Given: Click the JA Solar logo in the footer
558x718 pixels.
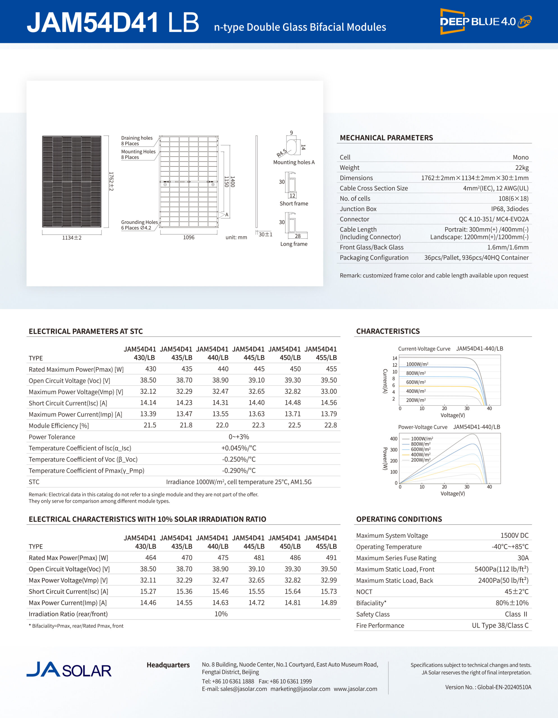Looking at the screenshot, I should coord(69,670).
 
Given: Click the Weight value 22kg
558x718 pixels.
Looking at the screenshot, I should coord(522,168).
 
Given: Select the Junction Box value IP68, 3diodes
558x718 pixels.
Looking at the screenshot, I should coord(509,209).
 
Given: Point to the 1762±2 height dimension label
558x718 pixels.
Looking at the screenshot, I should coord(111,181).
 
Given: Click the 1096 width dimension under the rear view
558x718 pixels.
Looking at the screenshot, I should coord(189,237).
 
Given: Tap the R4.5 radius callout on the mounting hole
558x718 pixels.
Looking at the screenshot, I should coord(281,153).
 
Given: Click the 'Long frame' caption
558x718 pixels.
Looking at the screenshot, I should coord(294,244).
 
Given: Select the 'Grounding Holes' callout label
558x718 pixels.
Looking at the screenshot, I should coord(139,222).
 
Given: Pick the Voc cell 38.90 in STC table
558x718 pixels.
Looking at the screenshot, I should coord(220,380).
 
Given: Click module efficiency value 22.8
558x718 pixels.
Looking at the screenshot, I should coord(330,425).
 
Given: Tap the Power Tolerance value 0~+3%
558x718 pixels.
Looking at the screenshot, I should coord(239,437).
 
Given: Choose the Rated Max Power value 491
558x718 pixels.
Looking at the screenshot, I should coord(331,558).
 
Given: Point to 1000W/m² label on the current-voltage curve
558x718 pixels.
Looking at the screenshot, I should coord(417,364).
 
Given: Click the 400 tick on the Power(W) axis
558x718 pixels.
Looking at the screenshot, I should coord(394,439).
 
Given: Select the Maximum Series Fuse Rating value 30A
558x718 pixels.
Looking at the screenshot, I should coord(523,558).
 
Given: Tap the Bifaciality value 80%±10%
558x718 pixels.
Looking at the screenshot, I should coord(512,603).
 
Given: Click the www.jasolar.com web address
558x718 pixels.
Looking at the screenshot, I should coord(355,689).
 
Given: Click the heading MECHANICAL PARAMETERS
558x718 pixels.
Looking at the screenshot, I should coord(386,138).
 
